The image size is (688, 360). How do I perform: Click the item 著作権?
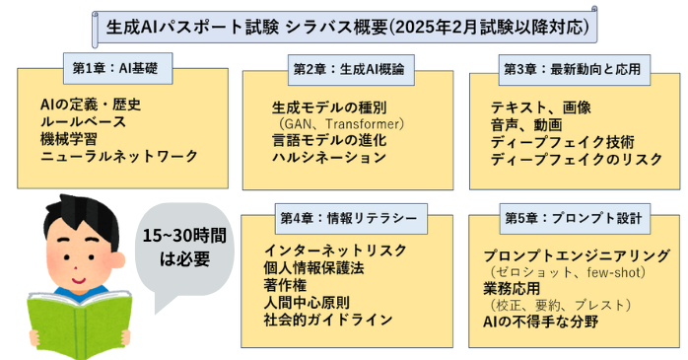(286, 285)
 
